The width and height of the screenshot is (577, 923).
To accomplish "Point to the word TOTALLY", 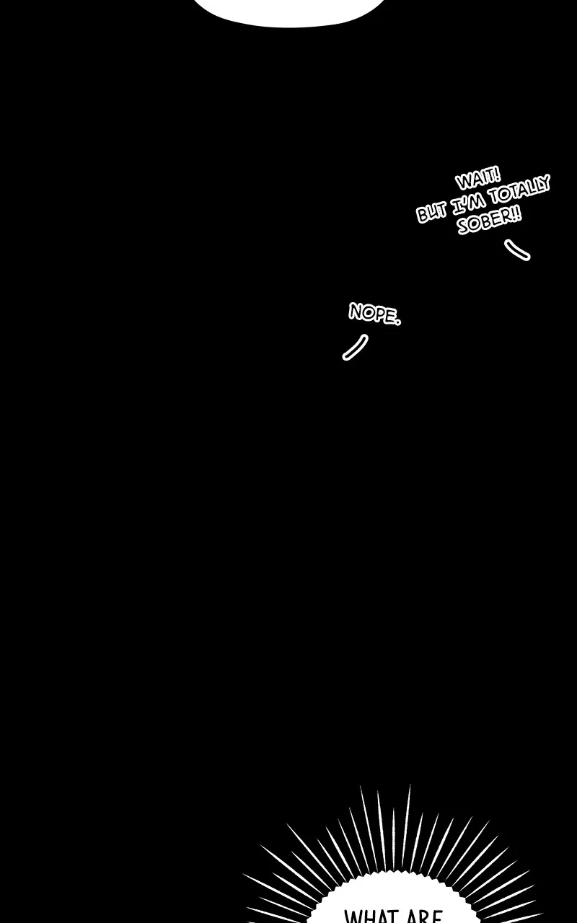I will point(519,191).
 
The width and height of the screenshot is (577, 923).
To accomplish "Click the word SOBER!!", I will point(489,220).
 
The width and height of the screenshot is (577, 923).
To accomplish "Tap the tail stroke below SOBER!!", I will point(517,249).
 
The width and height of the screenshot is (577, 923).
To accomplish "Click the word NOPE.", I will point(374,314).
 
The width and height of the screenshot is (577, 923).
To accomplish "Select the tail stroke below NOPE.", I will point(355,347).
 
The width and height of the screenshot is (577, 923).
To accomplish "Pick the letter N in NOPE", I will point(356,311).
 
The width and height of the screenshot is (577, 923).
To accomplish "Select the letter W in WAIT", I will point(463,182).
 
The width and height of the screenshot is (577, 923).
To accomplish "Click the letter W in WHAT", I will point(353,917).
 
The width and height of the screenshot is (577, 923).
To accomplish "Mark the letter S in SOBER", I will point(464,226).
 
